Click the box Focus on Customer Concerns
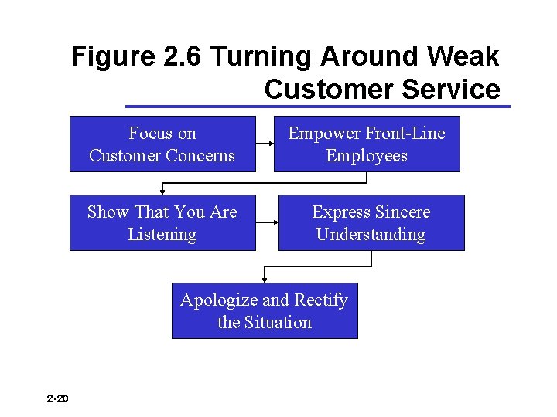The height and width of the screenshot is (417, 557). click(x=162, y=144)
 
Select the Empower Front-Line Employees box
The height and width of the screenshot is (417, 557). click(x=367, y=144)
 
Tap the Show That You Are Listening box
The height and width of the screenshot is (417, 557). click(x=162, y=222)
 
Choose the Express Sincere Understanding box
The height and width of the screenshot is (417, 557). click(x=371, y=222)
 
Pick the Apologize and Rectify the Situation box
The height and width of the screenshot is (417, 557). click(x=265, y=310)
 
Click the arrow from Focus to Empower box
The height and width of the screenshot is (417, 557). click(x=265, y=144)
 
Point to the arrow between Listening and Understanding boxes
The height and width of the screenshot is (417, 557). click(x=267, y=222)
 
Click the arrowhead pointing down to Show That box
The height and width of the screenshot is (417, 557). click(x=162, y=190)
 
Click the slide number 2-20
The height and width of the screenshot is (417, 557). click(x=57, y=399)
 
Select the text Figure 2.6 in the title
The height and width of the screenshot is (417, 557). click(x=137, y=56)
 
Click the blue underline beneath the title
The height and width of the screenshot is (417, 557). click(x=317, y=106)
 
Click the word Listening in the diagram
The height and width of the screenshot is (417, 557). click(x=162, y=234)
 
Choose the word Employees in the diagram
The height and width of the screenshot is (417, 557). click(x=367, y=155)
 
